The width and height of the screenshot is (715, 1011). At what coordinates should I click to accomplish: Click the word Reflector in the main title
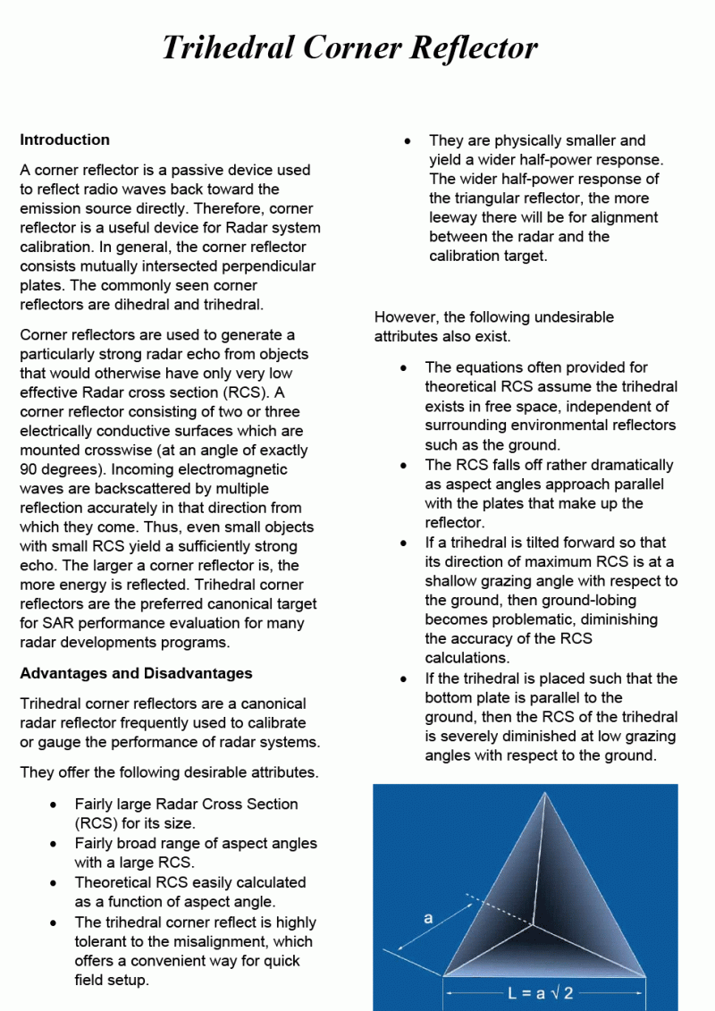(474, 46)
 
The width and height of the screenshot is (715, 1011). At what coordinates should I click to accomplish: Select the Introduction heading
(64, 139)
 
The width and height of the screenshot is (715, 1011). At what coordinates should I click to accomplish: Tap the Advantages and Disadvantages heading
(136, 673)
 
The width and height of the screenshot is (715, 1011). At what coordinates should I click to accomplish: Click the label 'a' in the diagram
(428, 918)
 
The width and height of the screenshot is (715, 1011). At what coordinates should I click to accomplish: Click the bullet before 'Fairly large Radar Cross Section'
(55, 805)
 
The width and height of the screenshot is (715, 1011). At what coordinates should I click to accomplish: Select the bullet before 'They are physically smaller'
(408, 141)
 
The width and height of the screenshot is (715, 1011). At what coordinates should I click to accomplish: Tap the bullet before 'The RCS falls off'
(405, 466)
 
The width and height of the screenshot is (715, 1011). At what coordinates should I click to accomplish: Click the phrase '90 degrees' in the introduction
(54, 469)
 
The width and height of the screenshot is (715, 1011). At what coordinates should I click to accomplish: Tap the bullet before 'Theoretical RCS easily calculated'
(55, 883)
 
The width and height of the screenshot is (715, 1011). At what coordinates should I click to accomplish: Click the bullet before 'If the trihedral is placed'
(405, 679)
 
